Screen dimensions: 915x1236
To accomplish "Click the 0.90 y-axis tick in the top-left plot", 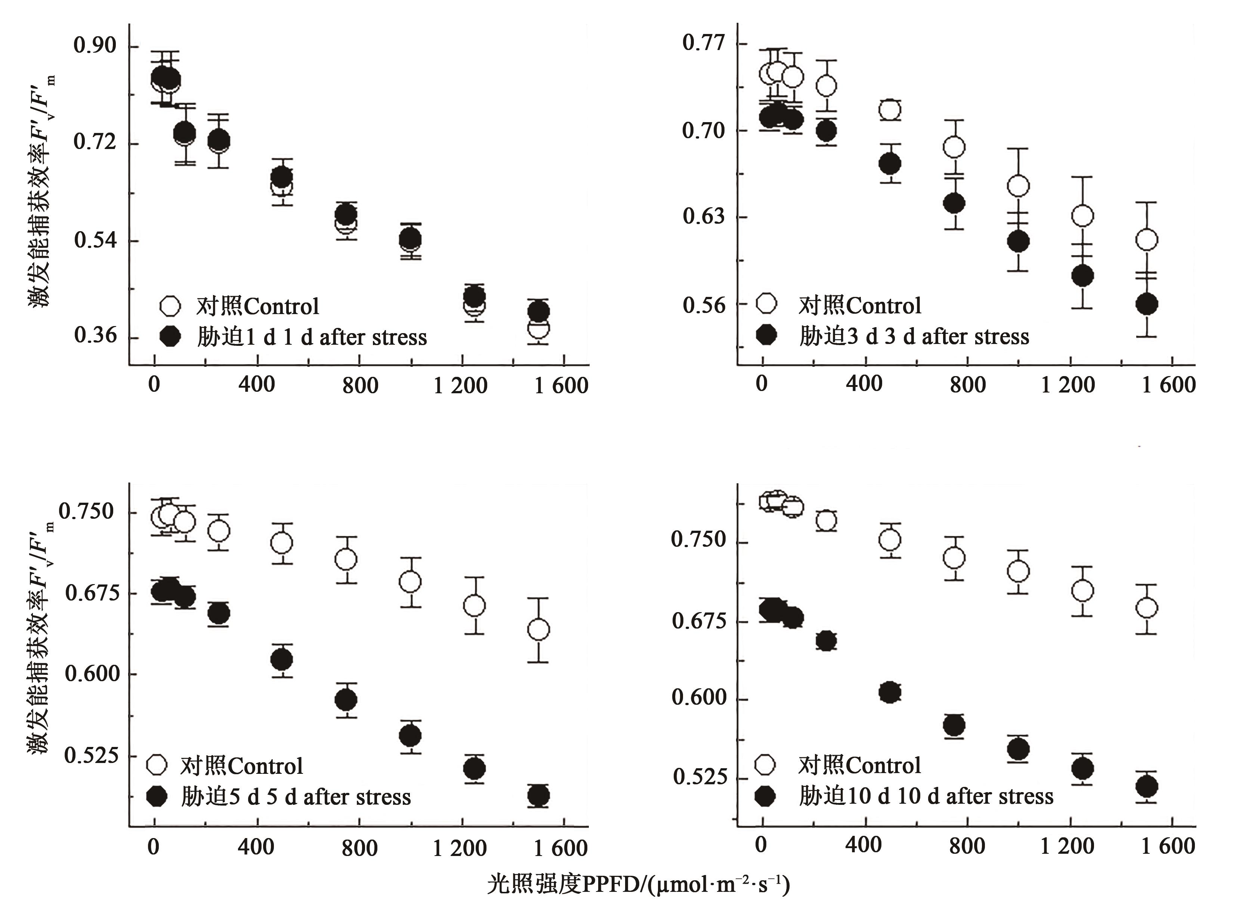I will tap(95, 46).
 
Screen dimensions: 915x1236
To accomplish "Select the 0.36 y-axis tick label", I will tap(95, 336).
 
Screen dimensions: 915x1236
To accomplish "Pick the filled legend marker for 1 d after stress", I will tap(170, 336).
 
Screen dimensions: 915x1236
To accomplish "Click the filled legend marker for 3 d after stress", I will tap(767, 335).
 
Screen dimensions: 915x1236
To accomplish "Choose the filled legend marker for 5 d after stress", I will tap(157, 797).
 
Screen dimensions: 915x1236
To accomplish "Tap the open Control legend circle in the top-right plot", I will tap(767, 304).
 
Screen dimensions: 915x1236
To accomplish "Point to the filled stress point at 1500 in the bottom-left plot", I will tap(538, 796).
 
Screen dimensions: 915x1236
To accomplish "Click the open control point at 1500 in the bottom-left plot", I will tap(538, 630).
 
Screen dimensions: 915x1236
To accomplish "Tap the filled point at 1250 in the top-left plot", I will tap(474, 296).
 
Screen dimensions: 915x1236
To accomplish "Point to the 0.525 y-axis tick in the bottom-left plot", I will tap(92, 756).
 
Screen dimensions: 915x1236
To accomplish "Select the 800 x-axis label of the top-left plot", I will tap(360, 385).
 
